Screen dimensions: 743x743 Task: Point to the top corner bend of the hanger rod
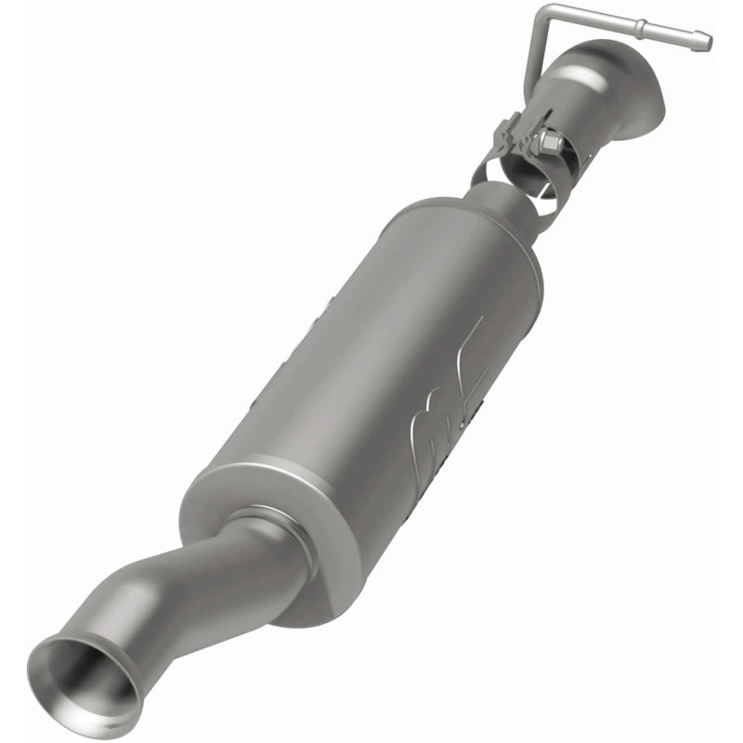[x=544, y=12]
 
